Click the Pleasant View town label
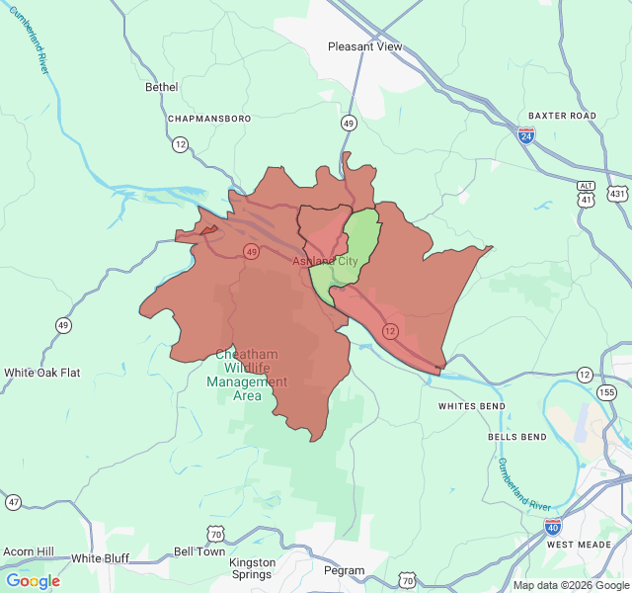point(365,46)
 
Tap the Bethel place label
point(161,87)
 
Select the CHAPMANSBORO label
point(209,118)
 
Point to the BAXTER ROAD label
point(562,116)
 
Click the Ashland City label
point(325,261)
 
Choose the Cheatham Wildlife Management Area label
point(247,375)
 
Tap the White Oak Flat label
point(41,373)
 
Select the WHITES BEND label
point(472,406)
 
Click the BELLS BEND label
point(516,436)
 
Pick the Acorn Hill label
point(28,551)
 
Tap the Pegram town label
point(344,570)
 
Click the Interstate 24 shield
point(526,135)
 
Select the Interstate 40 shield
point(553,527)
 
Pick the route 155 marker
point(606,392)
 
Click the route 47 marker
point(13,502)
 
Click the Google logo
point(33,580)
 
